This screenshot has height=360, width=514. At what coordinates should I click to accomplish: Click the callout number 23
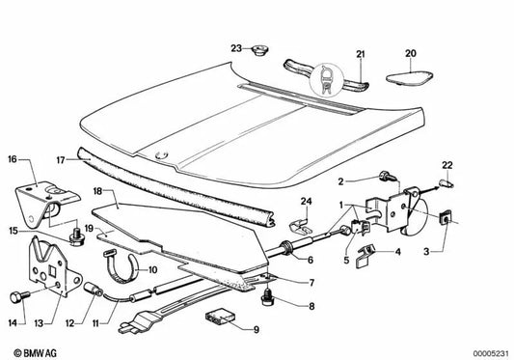coord(236,48)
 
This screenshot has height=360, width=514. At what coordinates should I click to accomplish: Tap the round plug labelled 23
coord(259,51)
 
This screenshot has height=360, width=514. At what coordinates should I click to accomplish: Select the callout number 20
coord(411,53)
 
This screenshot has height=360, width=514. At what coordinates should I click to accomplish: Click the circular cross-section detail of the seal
coord(326,80)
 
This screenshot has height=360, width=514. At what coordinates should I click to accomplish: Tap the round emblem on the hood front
coord(161,154)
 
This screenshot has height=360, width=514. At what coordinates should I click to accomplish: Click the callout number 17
coord(61,160)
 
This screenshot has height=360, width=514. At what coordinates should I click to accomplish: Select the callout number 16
coord(13,159)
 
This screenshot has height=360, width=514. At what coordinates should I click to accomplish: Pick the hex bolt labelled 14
coord(19,296)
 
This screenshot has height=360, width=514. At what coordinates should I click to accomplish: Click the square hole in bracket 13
coord(52,271)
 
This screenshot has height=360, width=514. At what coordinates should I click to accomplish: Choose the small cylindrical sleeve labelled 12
coord(95,289)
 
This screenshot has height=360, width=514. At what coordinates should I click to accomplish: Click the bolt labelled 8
coord(268,296)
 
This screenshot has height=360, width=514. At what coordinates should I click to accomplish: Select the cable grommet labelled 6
coord(286,247)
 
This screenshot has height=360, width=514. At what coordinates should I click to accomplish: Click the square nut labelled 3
coord(445,218)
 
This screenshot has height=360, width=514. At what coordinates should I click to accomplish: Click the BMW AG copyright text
coord(35,353)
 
